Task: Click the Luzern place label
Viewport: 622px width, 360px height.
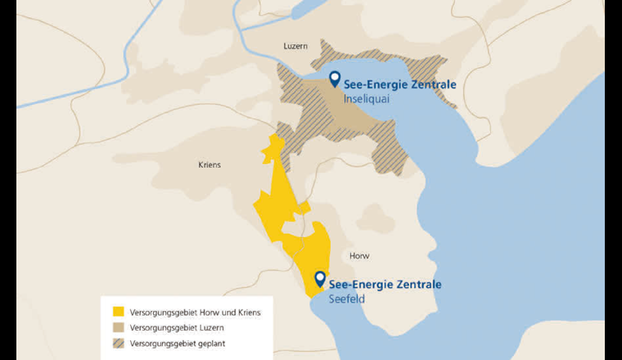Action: (295, 47)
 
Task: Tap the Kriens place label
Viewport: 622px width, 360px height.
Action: (210, 164)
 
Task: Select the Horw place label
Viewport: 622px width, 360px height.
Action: (359, 255)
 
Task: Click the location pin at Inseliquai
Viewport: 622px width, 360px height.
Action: (334, 79)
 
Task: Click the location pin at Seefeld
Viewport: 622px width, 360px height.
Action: (319, 280)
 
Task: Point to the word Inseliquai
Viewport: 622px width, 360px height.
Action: (365, 98)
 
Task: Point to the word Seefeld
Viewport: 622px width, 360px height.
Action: (346, 299)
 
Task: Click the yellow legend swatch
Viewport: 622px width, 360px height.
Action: (118, 312)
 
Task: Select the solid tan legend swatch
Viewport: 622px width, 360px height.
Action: (118, 327)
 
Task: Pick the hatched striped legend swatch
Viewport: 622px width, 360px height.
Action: (118, 343)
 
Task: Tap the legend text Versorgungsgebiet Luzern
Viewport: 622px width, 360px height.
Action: (172, 327)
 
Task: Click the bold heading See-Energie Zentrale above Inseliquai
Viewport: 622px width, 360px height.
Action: (399, 84)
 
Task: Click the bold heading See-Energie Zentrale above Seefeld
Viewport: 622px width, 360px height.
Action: (385, 285)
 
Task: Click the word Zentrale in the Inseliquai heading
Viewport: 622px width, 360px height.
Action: (433, 84)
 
